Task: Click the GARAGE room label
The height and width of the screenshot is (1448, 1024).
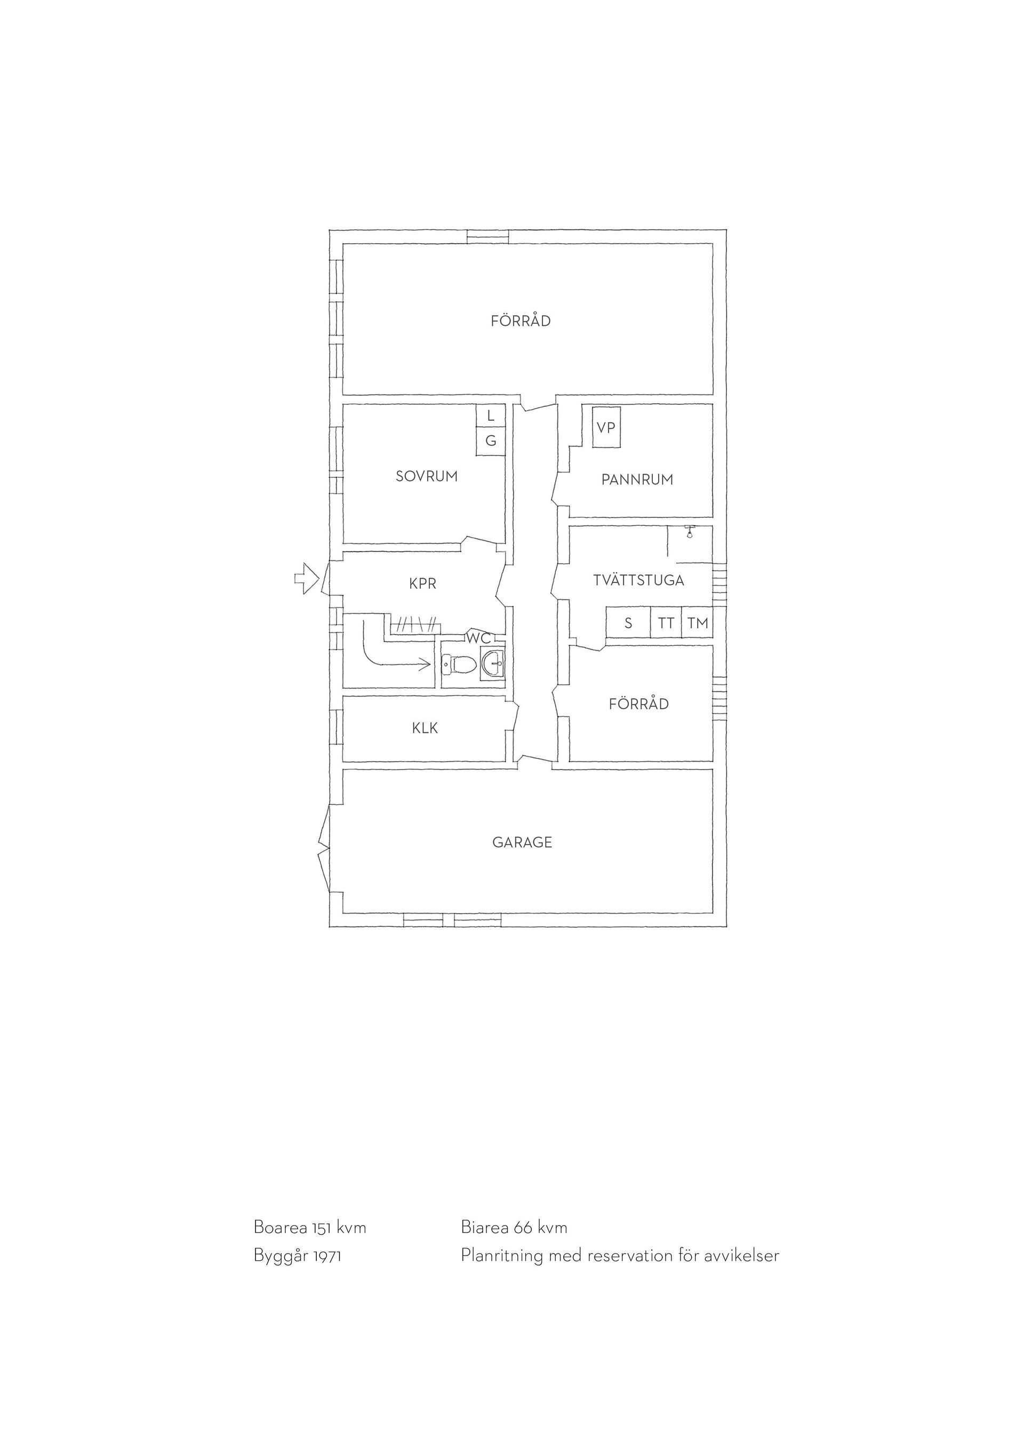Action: [x=522, y=842]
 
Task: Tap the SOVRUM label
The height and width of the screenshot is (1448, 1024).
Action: [x=426, y=476]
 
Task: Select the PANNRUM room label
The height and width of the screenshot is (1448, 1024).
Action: [x=637, y=479]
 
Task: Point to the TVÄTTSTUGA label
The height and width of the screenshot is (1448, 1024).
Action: [x=639, y=580]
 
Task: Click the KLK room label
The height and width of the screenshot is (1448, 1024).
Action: [x=425, y=728]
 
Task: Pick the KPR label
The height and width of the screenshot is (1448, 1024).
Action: [x=422, y=584]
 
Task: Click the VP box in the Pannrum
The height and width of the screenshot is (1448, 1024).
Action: [x=606, y=427]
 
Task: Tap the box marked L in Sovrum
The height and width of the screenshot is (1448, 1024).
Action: [x=491, y=416]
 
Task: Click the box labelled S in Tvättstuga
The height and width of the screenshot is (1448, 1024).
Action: [x=628, y=623]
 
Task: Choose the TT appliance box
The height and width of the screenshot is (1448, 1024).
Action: [x=666, y=623]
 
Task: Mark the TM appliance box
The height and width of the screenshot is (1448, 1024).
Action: [x=698, y=623]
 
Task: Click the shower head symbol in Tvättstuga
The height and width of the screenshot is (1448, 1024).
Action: [x=690, y=531]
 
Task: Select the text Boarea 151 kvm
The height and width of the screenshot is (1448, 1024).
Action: [x=309, y=1227]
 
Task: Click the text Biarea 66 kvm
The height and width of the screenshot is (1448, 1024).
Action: [x=514, y=1227]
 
